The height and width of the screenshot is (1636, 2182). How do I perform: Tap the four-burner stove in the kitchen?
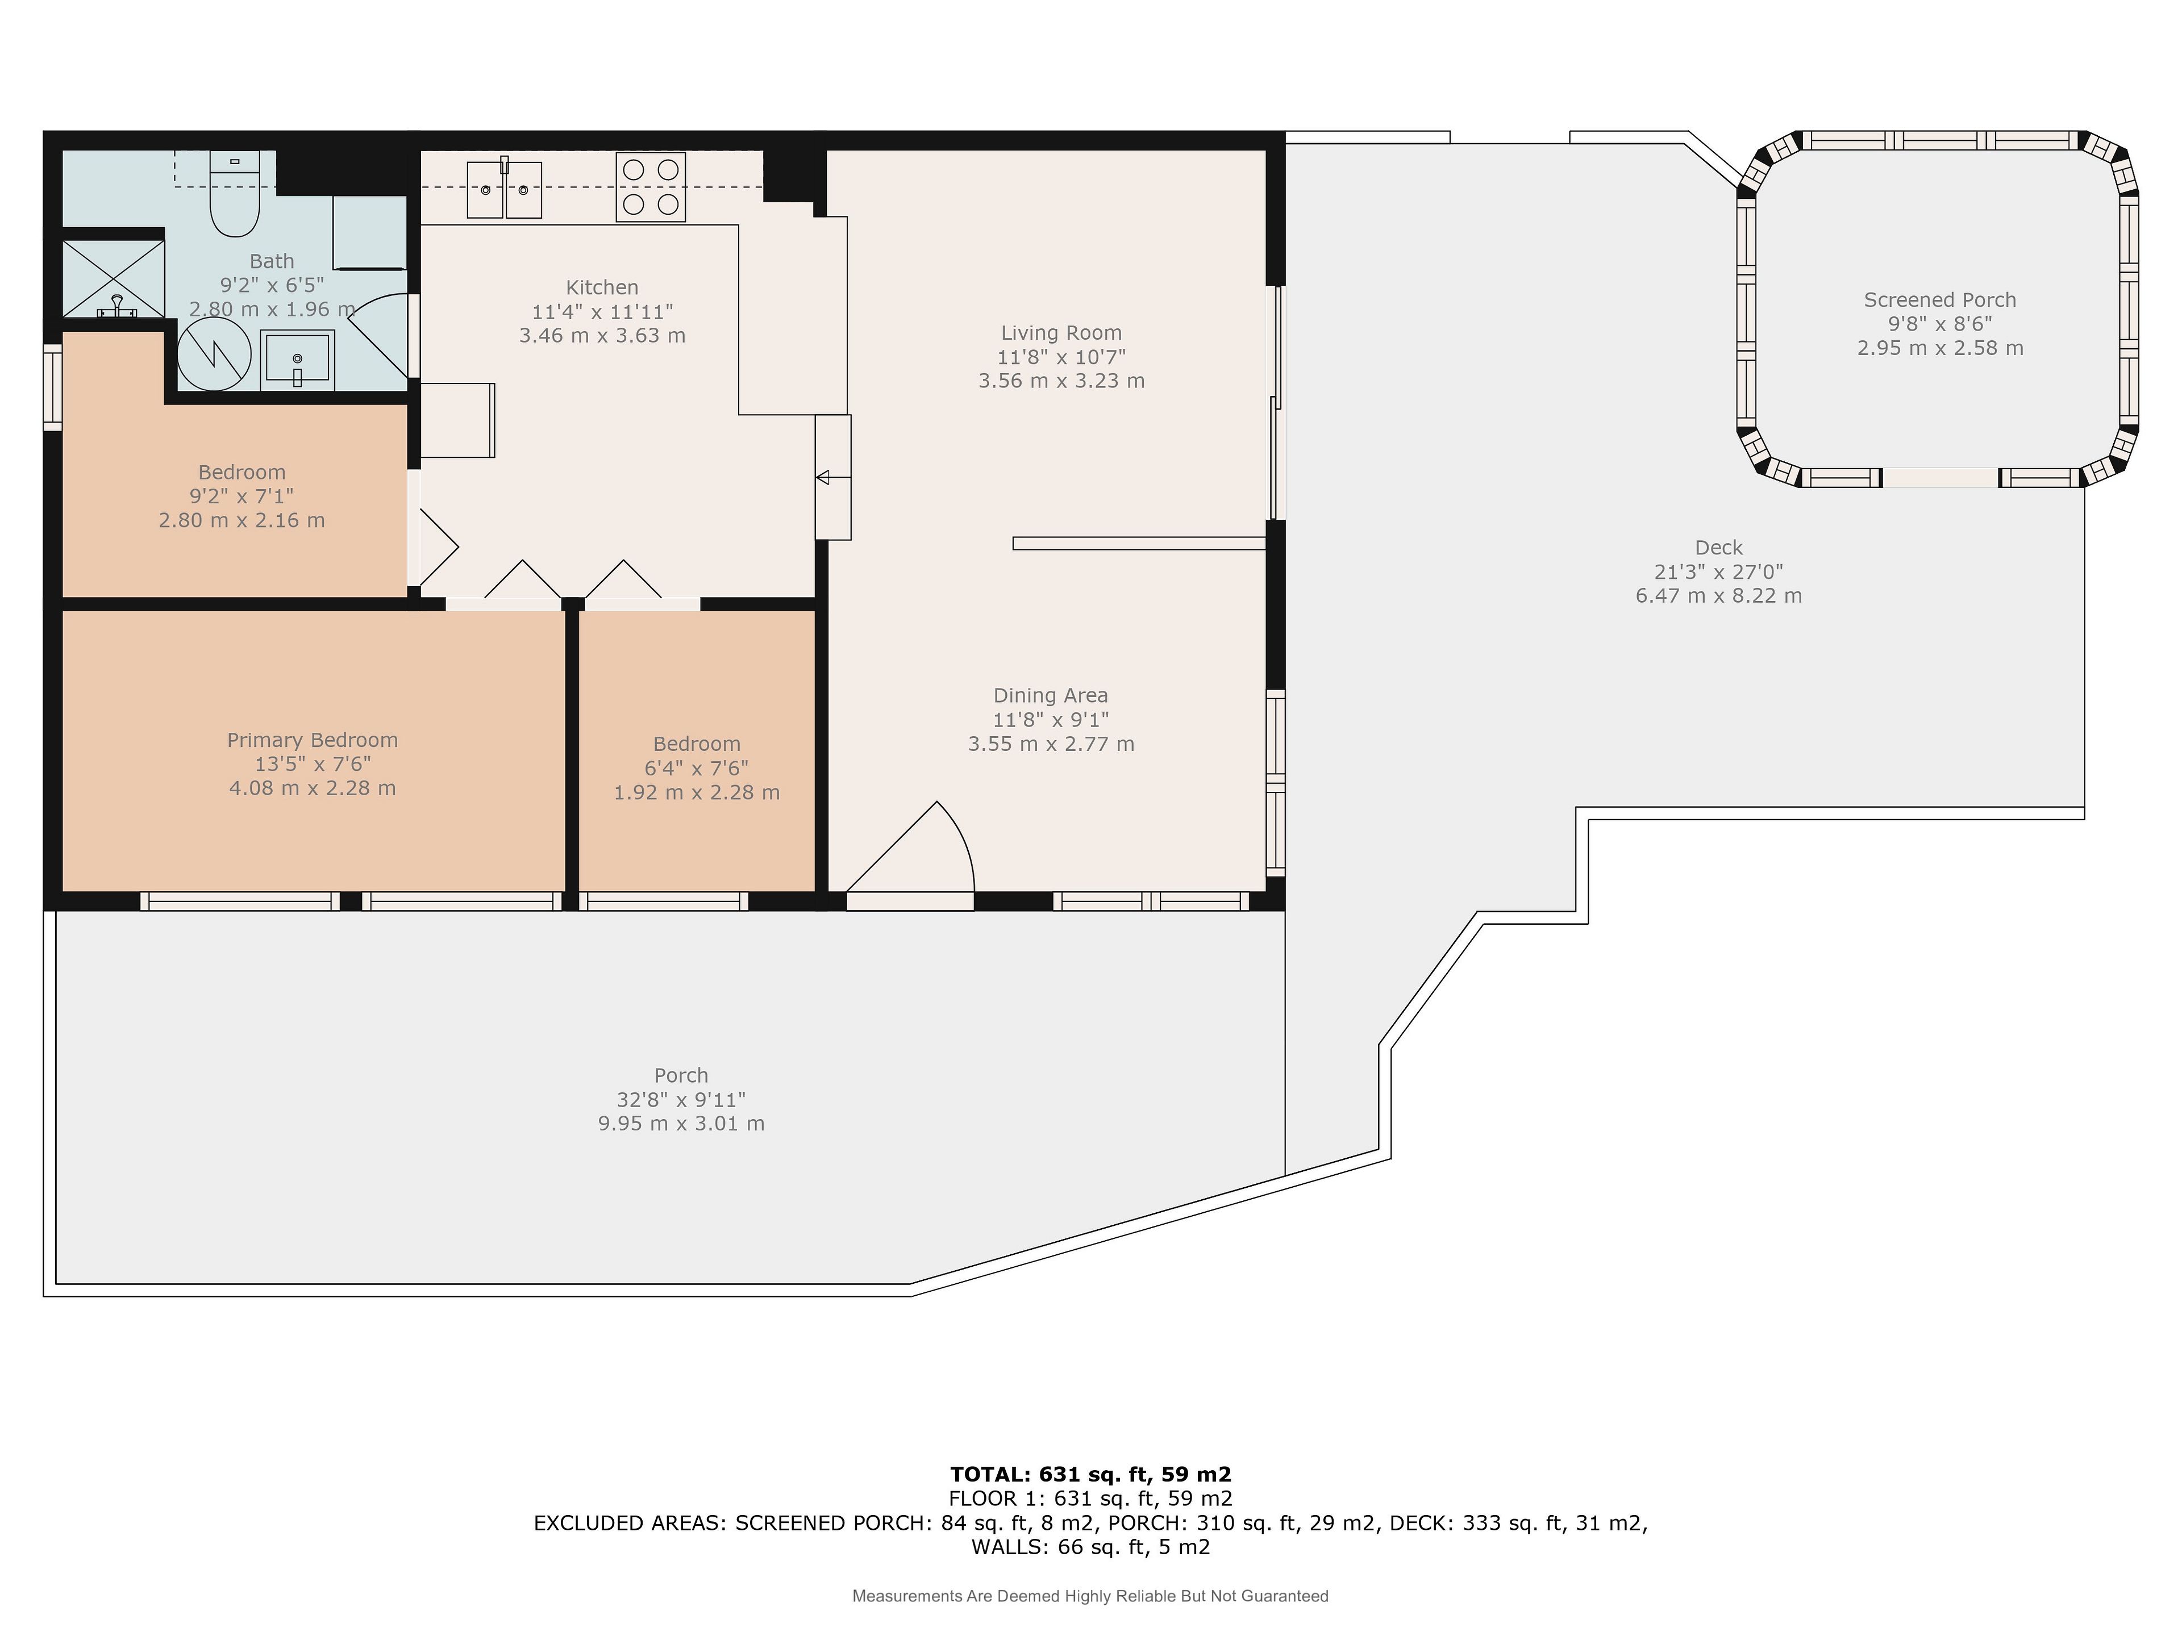tap(650, 186)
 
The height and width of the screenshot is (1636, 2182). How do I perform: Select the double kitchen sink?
tap(504, 189)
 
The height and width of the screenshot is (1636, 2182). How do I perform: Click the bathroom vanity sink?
tap(297, 360)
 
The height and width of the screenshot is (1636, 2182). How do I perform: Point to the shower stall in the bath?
tap(114, 279)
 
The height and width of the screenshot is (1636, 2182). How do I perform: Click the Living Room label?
tap(1061, 333)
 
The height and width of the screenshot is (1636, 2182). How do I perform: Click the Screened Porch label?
tap(1939, 300)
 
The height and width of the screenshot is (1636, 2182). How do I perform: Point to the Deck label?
tap(1718, 547)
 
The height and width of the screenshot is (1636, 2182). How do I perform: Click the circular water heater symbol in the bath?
tap(214, 353)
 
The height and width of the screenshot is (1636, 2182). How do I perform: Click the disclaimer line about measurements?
tap(1090, 1596)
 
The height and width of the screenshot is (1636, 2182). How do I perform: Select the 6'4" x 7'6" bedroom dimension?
tap(697, 768)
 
